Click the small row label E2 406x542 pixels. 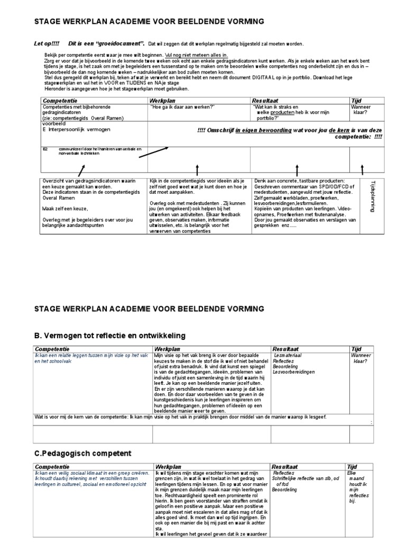tap(45, 149)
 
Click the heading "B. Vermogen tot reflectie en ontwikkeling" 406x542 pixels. tap(110, 336)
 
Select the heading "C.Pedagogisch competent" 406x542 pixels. tap(82, 454)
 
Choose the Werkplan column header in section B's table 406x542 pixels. tap(168, 349)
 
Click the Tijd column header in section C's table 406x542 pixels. tap(352, 467)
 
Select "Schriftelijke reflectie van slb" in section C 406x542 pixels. tap(305, 478)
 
